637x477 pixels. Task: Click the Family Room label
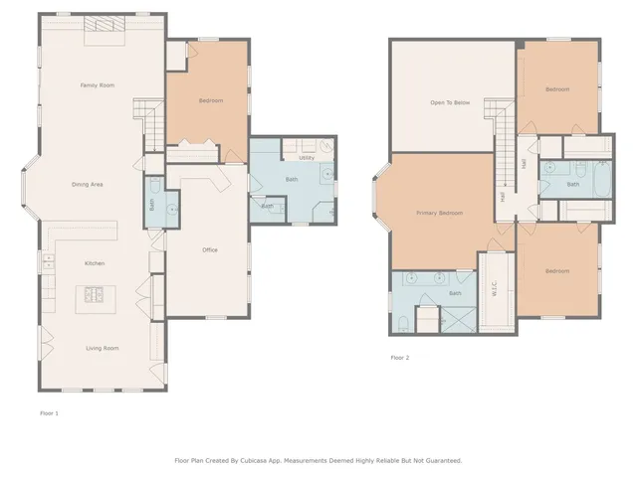tap(98, 85)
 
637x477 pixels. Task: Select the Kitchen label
tap(95, 263)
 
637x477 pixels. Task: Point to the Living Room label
tap(102, 348)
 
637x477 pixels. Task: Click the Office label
tap(209, 249)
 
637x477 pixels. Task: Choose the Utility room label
tap(307, 157)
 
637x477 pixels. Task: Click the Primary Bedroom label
tap(439, 213)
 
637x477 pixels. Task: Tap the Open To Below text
tap(449, 102)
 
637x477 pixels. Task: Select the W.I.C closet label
tap(495, 290)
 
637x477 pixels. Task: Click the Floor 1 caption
tap(49, 412)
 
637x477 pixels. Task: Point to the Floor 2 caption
tap(399, 357)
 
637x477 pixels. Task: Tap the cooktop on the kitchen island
tap(96, 293)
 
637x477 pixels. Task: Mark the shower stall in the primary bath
tap(458, 319)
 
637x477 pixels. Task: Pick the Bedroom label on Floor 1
tap(211, 100)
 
